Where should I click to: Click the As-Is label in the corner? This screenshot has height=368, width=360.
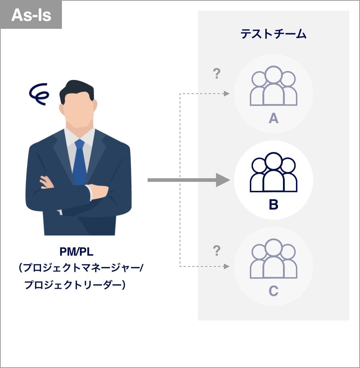click(31, 15)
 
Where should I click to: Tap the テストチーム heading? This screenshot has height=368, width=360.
click(273, 35)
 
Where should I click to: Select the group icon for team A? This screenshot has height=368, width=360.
click(274, 86)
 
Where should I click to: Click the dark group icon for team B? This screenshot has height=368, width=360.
click(274, 172)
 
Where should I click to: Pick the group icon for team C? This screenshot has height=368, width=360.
click(274, 259)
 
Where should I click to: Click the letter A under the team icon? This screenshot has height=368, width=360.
click(274, 118)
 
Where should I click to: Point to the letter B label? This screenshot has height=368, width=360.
click(274, 205)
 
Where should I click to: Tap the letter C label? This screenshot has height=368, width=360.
click(274, 291)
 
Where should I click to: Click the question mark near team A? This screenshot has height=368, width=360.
click(216, 74)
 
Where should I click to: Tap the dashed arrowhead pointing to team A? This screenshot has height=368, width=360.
click(227, 94)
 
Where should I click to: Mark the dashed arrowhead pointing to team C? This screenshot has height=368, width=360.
click(227, 266)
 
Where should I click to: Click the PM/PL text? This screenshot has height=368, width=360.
click(76, 251)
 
